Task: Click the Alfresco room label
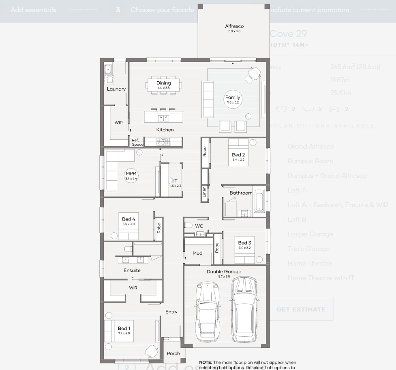(234, 27)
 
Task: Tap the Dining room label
(164, 84)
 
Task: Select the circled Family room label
(233, 98)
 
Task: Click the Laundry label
(116, 89)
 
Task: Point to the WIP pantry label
(118, 122)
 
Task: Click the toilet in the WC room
(188, 225)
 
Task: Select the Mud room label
(197, 253)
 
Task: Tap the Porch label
(173, 353)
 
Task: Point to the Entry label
(171, 312)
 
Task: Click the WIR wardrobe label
(133, 288)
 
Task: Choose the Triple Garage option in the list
(308, 249)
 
